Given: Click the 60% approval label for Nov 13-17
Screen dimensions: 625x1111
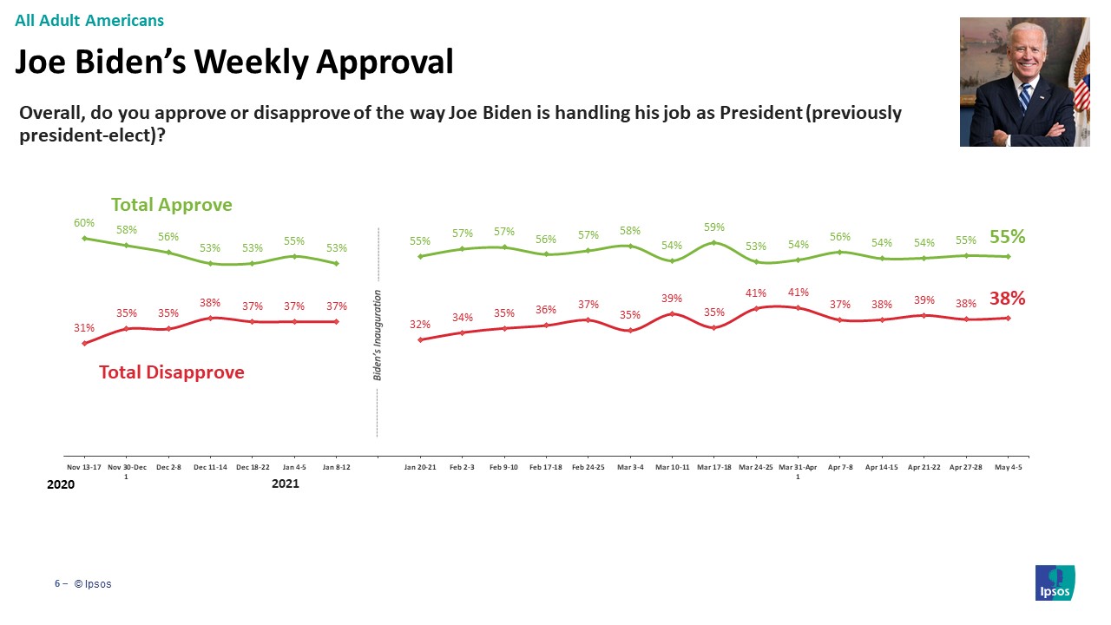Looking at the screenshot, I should tap(84, 223).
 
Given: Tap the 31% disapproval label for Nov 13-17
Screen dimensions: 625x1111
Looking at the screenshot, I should tap(84, 328).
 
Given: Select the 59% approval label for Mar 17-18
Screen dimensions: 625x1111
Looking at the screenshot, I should tap(713, 228).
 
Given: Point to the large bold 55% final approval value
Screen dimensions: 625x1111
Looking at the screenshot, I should tap(1008, 236).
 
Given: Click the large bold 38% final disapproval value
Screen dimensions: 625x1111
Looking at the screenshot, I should tap(1008, 298).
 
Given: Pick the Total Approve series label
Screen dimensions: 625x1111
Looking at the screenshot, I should tap(172, 205).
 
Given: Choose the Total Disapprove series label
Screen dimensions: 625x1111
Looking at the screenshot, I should tap(172, 372).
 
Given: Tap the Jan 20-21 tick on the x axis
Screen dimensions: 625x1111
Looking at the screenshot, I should tap(420, 467).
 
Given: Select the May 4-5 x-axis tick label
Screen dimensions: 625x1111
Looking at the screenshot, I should tap(1008, 467).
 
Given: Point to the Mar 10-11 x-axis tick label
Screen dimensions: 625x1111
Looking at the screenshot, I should tap(672, 467).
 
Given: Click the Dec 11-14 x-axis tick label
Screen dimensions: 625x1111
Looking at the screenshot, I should tap(210, 467).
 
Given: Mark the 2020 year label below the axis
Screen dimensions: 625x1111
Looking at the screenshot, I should tap(61, 484).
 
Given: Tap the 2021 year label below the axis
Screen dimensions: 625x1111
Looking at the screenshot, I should tap(286, 484).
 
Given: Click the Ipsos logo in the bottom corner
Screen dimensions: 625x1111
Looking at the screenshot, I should tap(1055, 582).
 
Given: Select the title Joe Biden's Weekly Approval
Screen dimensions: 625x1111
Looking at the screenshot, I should tap(234, 62).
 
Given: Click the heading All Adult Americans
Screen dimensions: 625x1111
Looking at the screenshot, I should tap(89, 20).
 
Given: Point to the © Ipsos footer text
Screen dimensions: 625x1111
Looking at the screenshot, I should tap(93, 584).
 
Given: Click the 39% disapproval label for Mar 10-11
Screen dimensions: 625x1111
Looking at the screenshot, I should tap(672, 298).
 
